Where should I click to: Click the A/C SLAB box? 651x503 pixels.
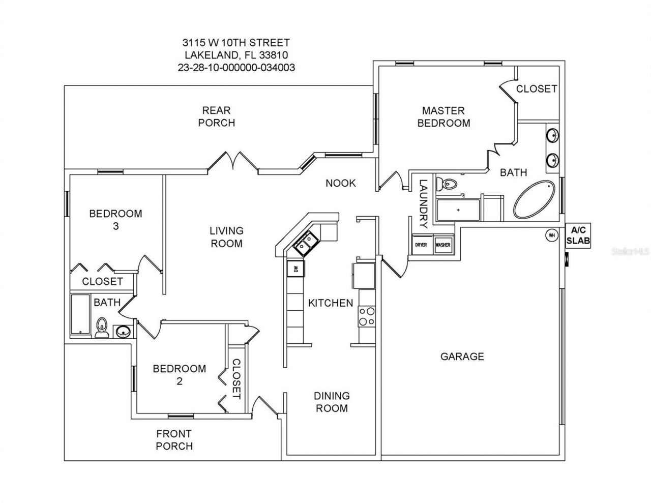578,235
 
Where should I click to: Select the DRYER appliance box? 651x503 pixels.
421,245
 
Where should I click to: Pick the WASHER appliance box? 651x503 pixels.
442,245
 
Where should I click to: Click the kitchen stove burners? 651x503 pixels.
366,316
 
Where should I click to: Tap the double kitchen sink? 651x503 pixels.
305,242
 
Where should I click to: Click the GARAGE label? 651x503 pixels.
462,357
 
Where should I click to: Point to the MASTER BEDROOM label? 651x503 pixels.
443,116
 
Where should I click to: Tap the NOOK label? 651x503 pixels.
341,183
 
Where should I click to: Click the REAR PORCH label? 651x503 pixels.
217,116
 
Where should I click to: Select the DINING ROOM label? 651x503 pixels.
331,402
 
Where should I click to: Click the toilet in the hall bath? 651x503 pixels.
102,327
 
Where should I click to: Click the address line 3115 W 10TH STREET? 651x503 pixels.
236,43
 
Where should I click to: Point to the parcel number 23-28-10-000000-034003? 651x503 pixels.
236,67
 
